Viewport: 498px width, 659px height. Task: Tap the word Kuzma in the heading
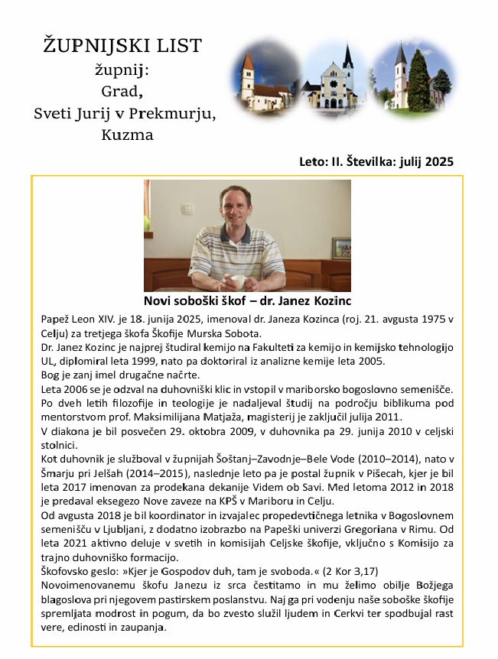click(127, 135)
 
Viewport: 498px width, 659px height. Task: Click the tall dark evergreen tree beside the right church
click(419, 80)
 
